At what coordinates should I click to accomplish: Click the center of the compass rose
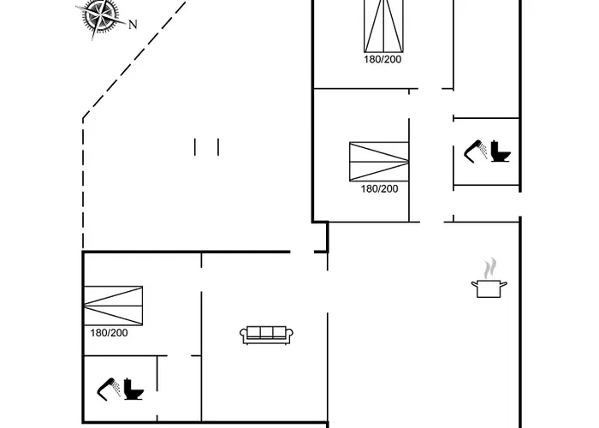[x=100, y=15]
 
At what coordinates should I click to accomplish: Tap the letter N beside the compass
[x=133, y=25]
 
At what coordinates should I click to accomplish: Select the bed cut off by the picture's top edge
[x=383, y=26]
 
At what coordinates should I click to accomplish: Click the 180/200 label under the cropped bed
[x=383, y=60]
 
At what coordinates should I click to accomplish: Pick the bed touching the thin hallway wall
[x=379, y=161]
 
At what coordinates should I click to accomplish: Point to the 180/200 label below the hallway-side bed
[x=379, y=189]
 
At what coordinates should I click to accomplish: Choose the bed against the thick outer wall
[x=113, y=306]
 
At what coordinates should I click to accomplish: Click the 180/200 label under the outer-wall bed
[x=109, y=333]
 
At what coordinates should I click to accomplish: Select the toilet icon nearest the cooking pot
[x=501, y=152]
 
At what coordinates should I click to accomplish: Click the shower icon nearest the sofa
[x=109, y=389]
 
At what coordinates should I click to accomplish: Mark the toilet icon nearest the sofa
[x=133, y=389]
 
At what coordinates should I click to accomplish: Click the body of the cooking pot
[x=489, y=288]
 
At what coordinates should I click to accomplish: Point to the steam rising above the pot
[x=489, y=268]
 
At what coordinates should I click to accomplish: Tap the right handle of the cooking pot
[x=504, y=284]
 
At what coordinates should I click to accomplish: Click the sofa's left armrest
[x=244, y=336]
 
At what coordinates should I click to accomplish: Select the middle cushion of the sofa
[x=266, y=332]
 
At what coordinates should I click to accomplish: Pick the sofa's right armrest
[x=289, y=336]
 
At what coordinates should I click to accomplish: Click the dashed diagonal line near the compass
[x=135, y=59]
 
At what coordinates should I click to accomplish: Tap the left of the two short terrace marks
[x=195, y=147]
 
